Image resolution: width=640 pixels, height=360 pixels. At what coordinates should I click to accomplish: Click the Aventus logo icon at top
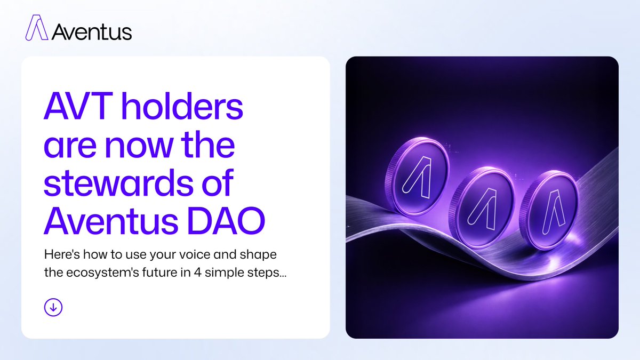click(36, 28)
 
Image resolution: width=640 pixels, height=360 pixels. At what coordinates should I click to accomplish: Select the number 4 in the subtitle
click(198, 273)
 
